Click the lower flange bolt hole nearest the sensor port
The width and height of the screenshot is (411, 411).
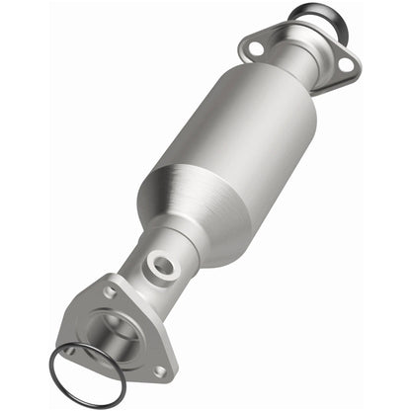click(x=112, y=293)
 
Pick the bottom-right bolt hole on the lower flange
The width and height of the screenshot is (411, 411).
click(x=159, y=370)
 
